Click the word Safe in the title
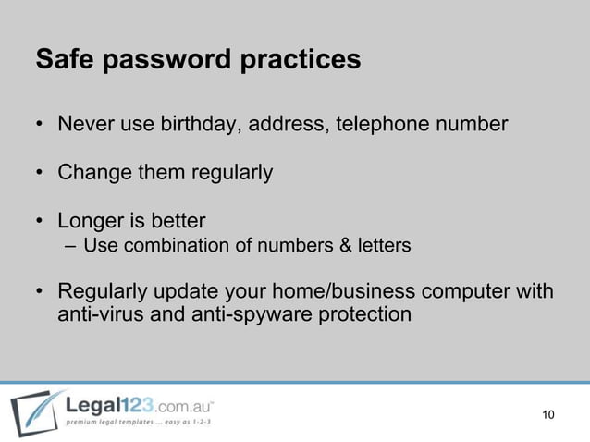coord(64,60)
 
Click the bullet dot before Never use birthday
coord(41,124)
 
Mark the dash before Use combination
coord(72,247)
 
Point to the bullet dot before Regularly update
coord(41,293)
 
